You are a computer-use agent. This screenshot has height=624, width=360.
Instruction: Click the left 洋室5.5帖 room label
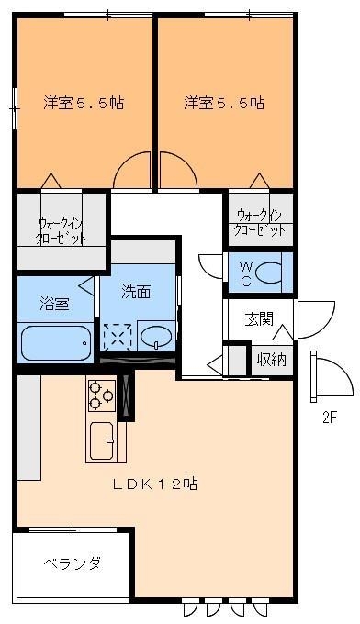(x=84, y=103)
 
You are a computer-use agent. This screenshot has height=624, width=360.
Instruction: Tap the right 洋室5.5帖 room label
(x=224, y=103)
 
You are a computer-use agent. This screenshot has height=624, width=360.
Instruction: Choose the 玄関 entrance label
(x=258, y=319)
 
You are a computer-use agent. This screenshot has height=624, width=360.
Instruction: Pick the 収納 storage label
(x=271, y=359)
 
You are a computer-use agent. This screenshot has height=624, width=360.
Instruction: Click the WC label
(x=245, y=273)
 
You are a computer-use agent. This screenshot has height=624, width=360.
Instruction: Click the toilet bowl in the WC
(x=270, y=273)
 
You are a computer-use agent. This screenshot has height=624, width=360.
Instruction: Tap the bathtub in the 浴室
(x=55, y=343)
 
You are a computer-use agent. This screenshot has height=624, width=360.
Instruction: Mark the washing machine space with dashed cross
(x=117, y=337)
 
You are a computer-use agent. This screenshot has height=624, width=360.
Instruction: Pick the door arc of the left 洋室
(x=131, y=171)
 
